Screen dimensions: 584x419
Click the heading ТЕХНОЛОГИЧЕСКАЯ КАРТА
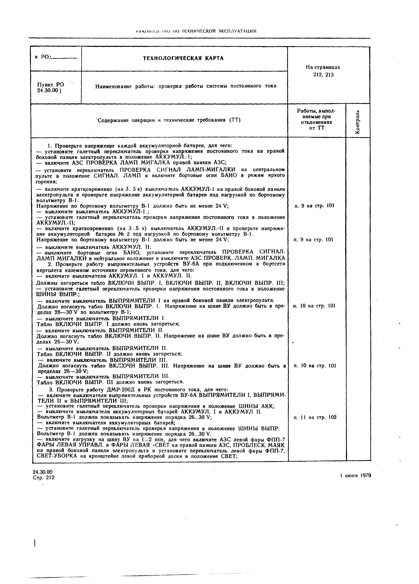[x=183, y=58]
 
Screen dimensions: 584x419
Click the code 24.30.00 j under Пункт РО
[x=49, y=90]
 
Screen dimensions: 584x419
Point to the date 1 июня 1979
[x=355, y=476]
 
